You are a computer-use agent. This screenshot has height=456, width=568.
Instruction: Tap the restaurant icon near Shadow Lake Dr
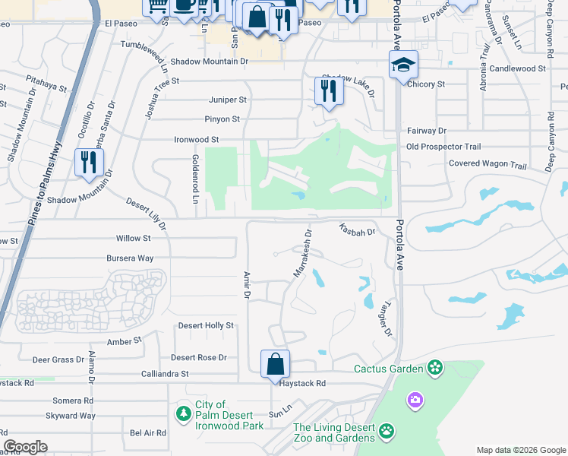pos(329,91)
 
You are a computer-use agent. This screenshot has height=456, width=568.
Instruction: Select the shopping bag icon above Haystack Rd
pos(275,364)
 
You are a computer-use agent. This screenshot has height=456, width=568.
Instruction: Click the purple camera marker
pos(415,399)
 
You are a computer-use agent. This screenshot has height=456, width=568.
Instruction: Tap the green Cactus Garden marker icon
pos(434,369)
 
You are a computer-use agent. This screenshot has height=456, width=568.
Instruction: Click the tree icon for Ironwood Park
pos(183,413)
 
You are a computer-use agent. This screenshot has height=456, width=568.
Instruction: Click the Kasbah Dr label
pos(357,229)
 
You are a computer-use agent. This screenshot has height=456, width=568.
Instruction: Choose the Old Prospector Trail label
pos(443,147)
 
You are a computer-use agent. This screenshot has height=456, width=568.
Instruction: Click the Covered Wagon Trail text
pos(487,164)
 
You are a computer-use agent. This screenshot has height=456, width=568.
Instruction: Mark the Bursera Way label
pos(130,258)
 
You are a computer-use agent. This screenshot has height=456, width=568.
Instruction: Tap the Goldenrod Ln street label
pos(195,179)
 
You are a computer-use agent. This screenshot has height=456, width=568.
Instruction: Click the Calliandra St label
pos(165,374)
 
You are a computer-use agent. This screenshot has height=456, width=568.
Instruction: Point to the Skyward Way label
pos(71,416)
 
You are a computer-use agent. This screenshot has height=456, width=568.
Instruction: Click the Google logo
pos(26,447)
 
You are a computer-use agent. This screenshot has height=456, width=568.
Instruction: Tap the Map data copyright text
pos(520,449)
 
